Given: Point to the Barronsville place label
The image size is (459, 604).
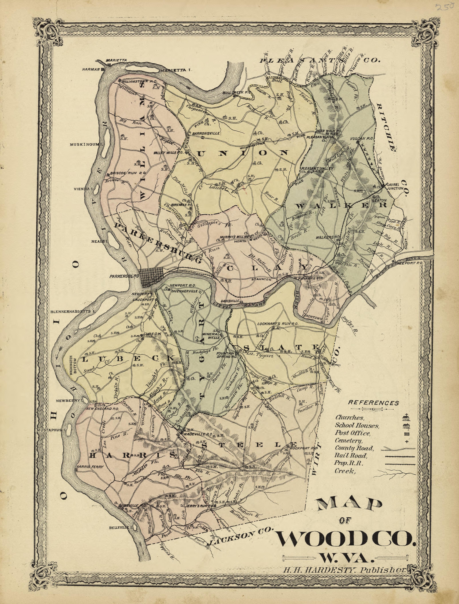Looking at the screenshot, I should click(206, 133).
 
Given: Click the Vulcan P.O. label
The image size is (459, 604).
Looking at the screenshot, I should click(362, 139).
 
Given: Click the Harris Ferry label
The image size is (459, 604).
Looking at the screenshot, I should click(90, 467).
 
